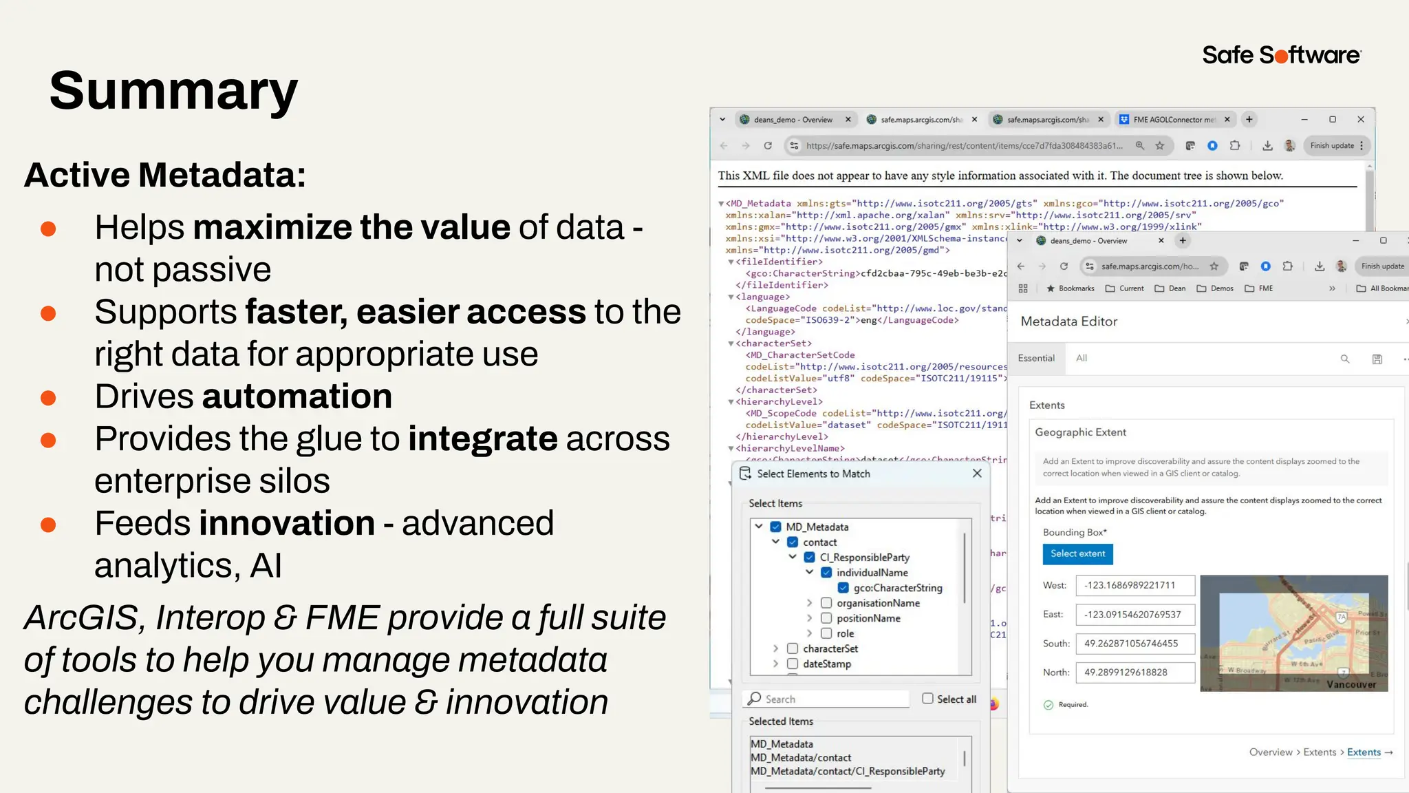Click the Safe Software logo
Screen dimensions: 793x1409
click(x=1281, y=55)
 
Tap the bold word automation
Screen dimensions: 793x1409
click(x=297, y=396)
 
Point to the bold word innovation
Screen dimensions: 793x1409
click(x=287, y=523)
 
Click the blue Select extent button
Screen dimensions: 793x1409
click(x=1077, y=553)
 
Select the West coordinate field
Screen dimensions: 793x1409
click(x=1134, y=585)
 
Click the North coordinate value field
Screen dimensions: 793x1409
click(x=1134, y=673)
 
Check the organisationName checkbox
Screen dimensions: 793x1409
click(x=826, y=603)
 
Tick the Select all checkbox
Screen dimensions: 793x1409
click(x=927, y=699)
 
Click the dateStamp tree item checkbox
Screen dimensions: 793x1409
click(x=793, y=664)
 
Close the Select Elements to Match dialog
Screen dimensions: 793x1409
click(x=977, y=474)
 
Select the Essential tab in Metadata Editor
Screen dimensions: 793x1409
click(x=1036, y=358)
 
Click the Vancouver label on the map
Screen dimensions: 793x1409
click(x=1351, y=684)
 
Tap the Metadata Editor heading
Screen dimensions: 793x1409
click(x=1068, y=321)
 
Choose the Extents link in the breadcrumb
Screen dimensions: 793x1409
click(x=1364, y=752)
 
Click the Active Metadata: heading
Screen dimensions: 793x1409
click(x=165, y=175)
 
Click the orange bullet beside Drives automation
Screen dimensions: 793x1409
click(x=48, y=398)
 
